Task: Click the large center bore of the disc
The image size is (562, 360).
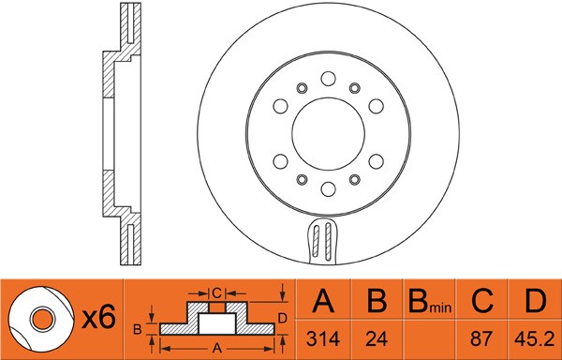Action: pos(328,129)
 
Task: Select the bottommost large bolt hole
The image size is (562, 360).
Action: pos(328,187)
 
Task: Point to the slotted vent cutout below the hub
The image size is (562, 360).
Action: pos(324,241)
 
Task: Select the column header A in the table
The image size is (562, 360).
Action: pos(322,302)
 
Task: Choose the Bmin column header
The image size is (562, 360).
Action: pos(428,303)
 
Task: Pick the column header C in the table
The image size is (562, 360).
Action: pos(481,302)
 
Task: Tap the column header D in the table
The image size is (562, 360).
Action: pos(534,302)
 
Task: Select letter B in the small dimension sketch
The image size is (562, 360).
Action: pos(136,328)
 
